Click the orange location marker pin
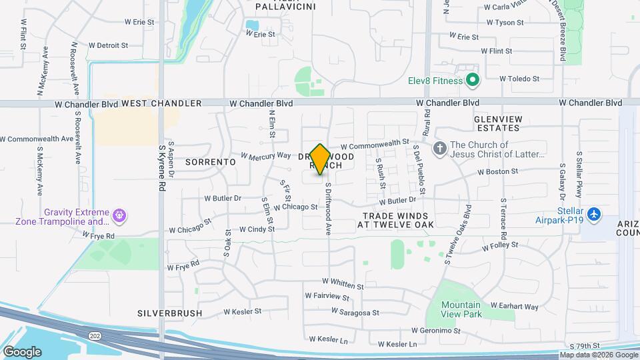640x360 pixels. coord(320,159)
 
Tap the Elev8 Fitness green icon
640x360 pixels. coord(473,81)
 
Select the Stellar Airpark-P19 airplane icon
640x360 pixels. coord(594,215)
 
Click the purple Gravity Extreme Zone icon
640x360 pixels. coord(120,215)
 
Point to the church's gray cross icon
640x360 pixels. coord(439,148)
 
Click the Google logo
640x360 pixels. coord(21,351)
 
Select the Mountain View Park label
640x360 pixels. coord(461,309)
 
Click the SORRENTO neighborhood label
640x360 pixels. coord(210,162)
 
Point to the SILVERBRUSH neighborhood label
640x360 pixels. coord(165,312)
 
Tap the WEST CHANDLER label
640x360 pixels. coord(161,103)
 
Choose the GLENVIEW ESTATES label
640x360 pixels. coord(496,123)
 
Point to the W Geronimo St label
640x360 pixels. coord(436,330)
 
